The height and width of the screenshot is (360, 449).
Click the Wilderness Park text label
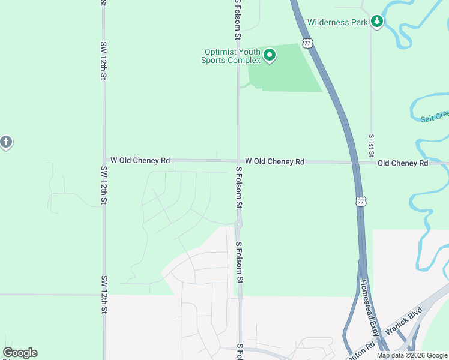336,22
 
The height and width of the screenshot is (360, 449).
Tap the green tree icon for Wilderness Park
377,22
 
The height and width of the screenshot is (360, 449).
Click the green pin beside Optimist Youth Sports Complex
270,56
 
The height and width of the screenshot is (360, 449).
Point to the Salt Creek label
435,118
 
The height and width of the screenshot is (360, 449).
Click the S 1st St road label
372,143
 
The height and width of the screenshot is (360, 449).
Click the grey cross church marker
5,143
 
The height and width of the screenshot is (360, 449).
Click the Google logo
20,353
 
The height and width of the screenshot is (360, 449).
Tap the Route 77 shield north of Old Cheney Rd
308,43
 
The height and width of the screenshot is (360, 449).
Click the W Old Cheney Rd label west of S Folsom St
140,161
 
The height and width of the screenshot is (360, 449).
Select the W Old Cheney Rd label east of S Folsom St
274,161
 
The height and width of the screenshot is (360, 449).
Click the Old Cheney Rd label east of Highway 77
403,163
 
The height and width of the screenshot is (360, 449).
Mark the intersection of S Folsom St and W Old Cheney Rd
238,161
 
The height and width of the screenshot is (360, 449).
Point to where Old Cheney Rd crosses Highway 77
355,162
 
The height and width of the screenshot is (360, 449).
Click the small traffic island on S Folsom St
238,225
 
